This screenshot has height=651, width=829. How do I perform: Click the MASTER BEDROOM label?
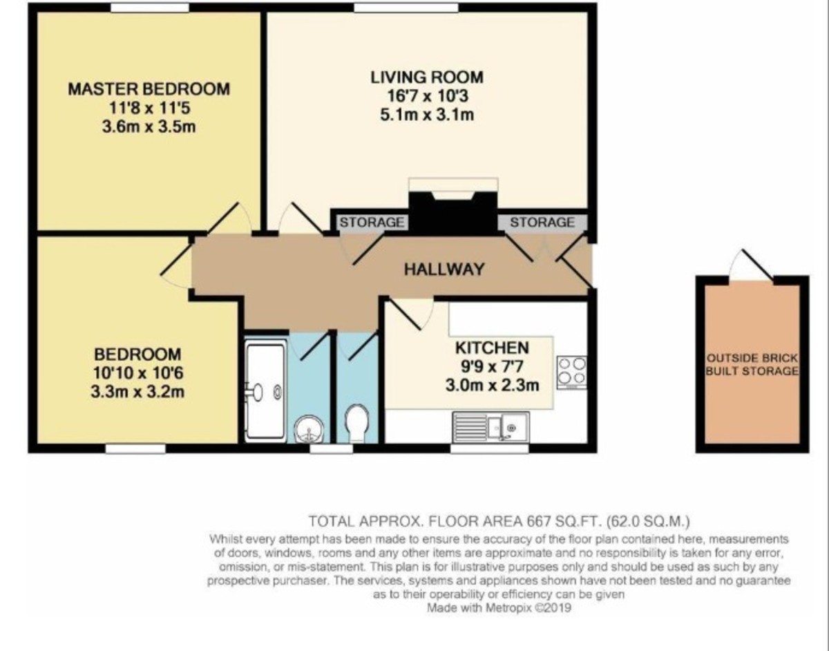[x=149, y=89]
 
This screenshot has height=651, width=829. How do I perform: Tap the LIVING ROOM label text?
[x=426, y=77]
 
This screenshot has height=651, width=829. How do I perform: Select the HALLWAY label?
[x=444, y=270]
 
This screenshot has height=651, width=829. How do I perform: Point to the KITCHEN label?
[x=491, y=348]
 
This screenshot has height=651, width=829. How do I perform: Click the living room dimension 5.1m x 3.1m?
[x=426, y=115]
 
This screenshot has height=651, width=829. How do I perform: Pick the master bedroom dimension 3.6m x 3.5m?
[x=149, y=127]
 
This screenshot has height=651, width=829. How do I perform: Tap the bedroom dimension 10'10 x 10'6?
[x=137, y=374]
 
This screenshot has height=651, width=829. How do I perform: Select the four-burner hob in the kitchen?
[x=571, y=372]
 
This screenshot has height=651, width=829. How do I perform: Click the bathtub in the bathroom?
[x=265, y=391]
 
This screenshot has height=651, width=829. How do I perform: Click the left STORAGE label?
[x=371, y=223]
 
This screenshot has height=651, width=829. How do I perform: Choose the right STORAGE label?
[x=542, y=223]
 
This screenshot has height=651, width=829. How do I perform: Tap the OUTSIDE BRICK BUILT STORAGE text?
[x=752, y=365]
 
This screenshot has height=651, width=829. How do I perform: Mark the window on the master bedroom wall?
[x=150, y=8]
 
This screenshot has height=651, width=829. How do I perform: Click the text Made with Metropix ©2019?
[x=499, y=608]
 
